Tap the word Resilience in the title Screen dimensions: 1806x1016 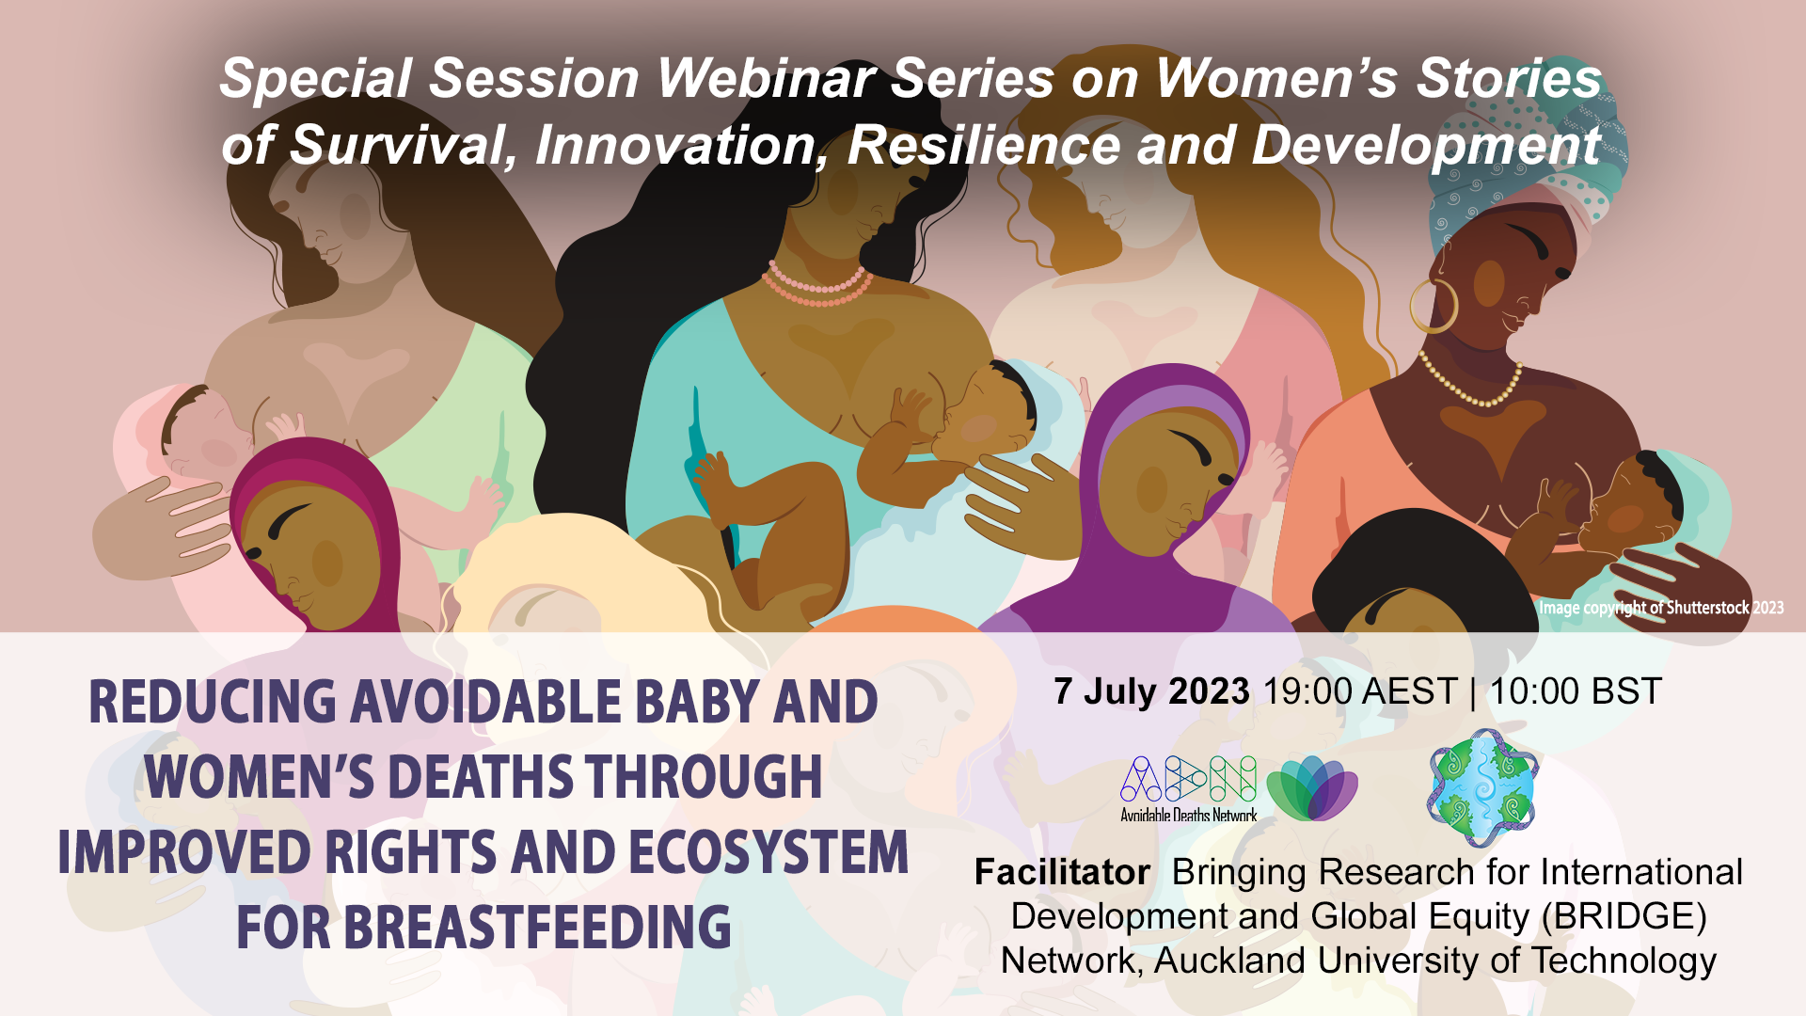pos(983,145)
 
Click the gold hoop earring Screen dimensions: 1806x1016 pos(1432,304)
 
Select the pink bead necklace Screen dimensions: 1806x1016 pos(816,284)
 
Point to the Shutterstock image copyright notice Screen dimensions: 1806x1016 pos(1660,608)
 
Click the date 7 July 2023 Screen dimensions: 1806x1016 pos(1151,691)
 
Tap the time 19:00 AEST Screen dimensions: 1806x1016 pos(1359,691)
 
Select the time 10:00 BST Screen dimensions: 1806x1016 pos(1576,691)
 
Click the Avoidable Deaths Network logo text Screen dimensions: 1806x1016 pos(1188,815)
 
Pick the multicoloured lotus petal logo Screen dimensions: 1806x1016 pos(1312,788)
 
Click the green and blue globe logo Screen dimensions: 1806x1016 pos(1482,788)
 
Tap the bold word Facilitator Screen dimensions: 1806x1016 pos(1062,872)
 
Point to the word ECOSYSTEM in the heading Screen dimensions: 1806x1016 pos(768,852)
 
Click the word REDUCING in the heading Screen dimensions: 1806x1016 pos(213,702)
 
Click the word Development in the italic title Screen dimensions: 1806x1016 pos(1426,147)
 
